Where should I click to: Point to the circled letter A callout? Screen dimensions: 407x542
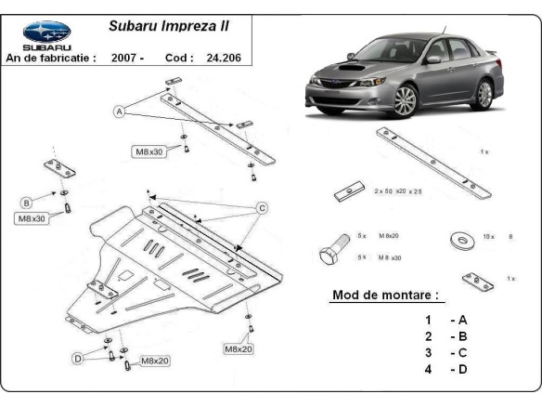(x=120, y=112)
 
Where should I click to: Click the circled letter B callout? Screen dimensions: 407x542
(x=27, y=202)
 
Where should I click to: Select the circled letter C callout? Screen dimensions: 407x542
(x=263, y=207)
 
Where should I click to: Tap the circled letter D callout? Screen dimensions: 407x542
(x=79, y=359)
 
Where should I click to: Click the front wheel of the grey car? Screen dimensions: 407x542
(x=404, y=100)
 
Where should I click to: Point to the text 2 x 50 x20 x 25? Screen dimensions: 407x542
(x=397, y=190)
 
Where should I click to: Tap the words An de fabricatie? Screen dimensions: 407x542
(x=51, y=58)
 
